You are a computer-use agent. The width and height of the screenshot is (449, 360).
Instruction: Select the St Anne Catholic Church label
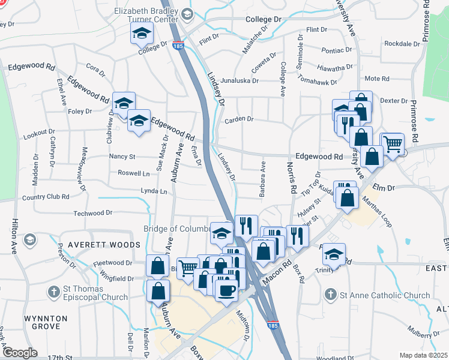[384, 295]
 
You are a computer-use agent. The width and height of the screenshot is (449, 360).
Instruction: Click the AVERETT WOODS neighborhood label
[104, 245]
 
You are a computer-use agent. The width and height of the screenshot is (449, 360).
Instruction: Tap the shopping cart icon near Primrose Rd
[392, 143]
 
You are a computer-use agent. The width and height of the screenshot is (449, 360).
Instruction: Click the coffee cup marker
[226, 291]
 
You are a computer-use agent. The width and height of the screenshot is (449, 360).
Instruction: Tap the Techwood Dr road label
[92, 212]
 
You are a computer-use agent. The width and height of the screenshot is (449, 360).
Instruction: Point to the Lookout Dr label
[39, 136]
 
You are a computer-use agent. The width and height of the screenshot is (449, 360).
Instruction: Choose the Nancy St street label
[123, 156]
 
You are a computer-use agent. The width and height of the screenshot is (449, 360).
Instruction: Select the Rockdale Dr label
[402, 44]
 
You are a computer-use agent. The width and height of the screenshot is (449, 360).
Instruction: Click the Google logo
[19, 353]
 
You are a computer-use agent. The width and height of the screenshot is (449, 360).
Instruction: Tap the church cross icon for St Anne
[330, 295]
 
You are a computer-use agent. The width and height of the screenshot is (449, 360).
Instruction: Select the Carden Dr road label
[239, 119]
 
